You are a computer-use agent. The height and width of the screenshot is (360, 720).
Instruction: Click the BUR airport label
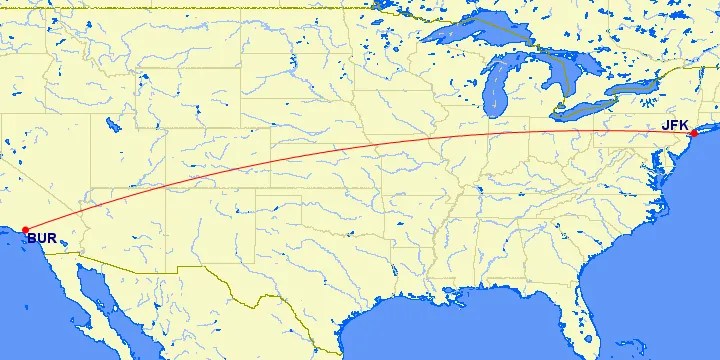pyautogui.click(x=41, y=239)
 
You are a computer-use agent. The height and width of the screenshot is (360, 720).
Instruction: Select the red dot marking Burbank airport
pyautogui.click(x=25, y=230)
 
